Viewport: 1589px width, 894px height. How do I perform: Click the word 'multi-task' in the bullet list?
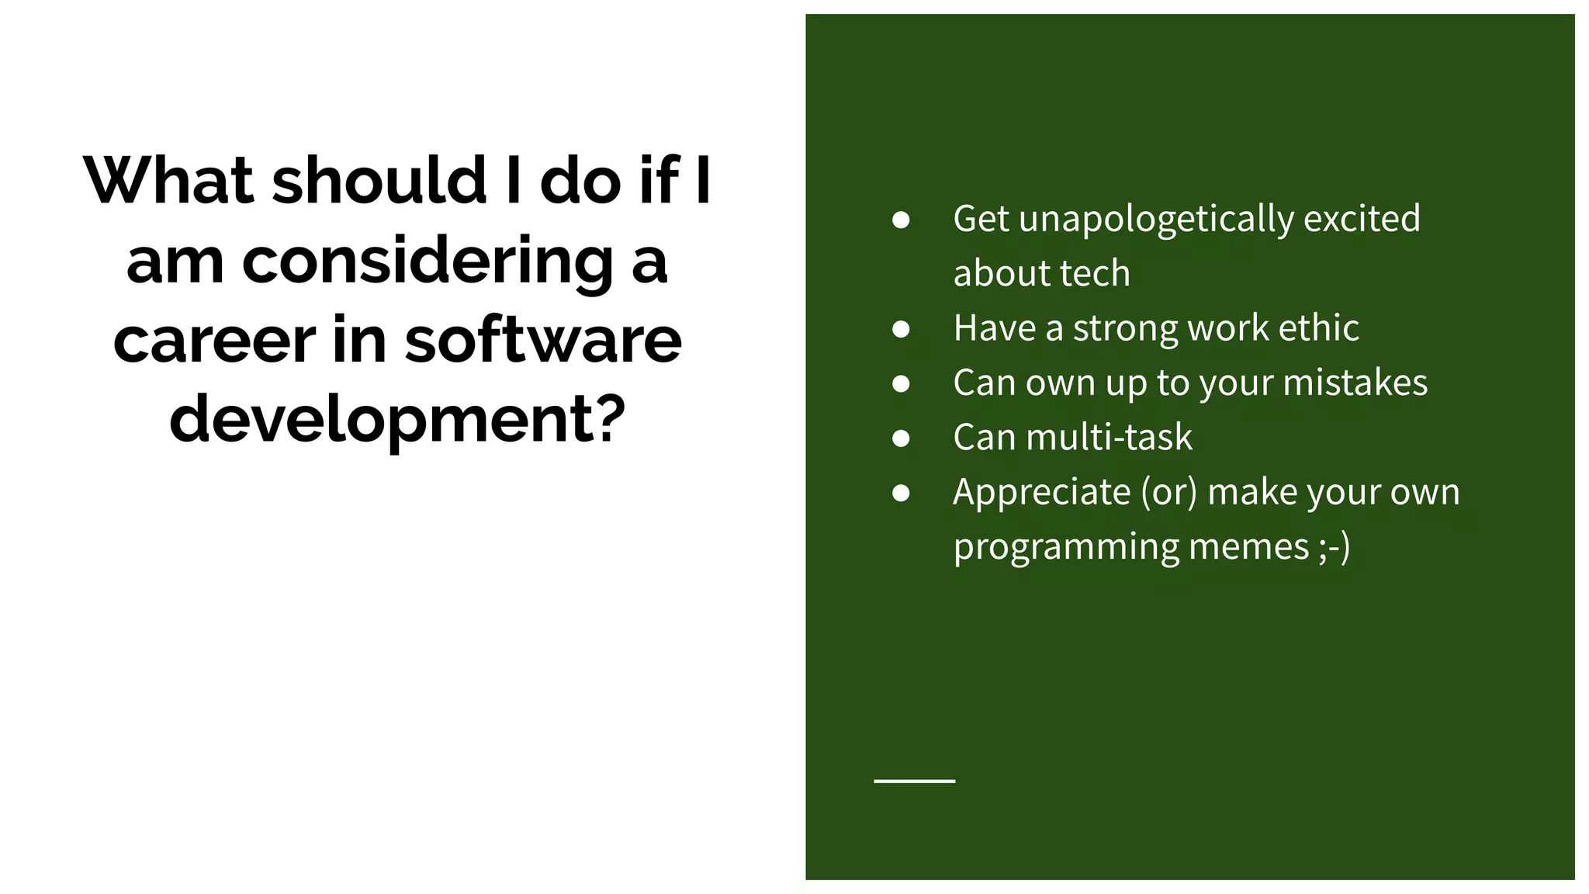click(1110, 437)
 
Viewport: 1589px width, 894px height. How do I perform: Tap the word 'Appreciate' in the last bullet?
click(1042, 493)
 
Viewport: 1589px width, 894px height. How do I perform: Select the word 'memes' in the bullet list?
click(1249, 546)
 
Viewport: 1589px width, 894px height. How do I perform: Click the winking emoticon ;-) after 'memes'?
click(1335, 546)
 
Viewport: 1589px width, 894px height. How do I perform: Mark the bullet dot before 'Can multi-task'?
click(901, 438)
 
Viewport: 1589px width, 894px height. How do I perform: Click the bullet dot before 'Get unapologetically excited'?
click(901, 220)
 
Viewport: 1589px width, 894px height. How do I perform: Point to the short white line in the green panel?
click(914, 781)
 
